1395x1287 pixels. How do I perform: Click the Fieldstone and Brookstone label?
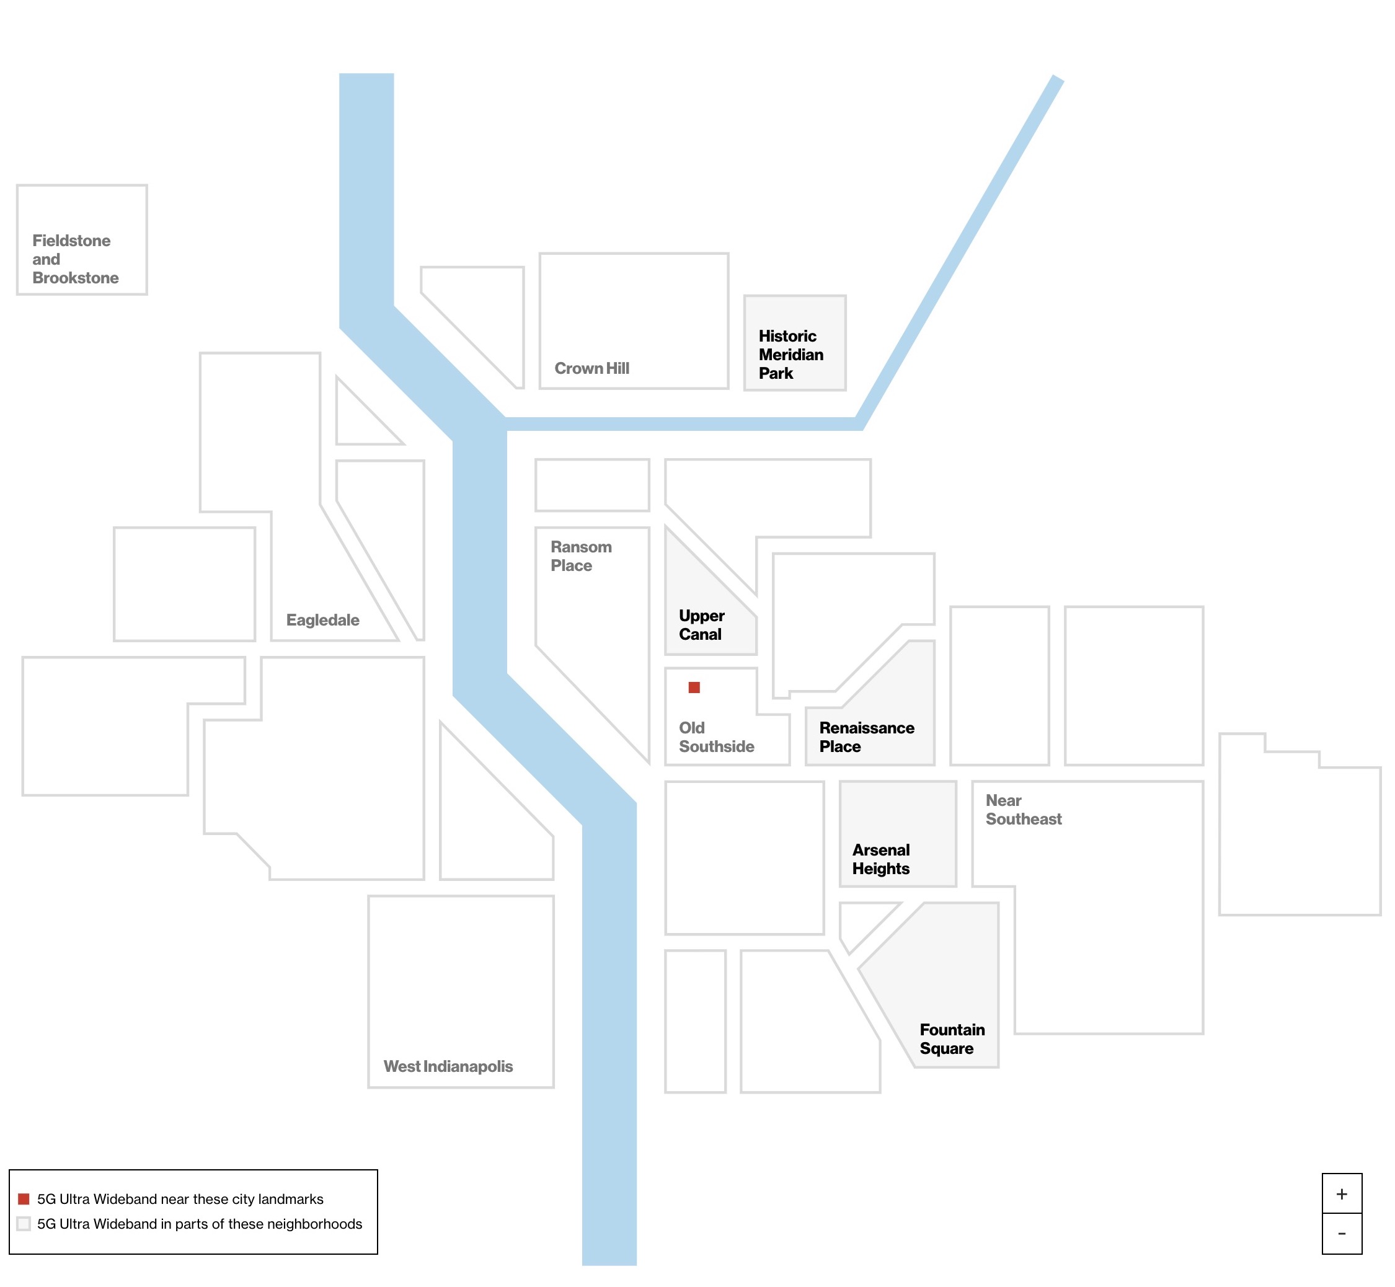pyautogui.click(x=75, y=259)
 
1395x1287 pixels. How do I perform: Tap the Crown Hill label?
pyautogui.click(x=591, y=368)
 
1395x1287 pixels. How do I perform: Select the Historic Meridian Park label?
pyautogui.click(x=790, y=355)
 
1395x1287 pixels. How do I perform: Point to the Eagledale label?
pyautogui.click(x=322, y=620)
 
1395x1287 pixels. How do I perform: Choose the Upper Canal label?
pyautogui.click(x=701, y=625)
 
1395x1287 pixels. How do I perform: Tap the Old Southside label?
pyautogui.click(x=716, y=737)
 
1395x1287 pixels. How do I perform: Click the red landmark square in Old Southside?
pyautogui.click(x=694, y=688)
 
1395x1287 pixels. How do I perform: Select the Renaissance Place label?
pyautogui.click(x=866, y=737)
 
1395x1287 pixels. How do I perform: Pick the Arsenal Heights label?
pyautogui.click(x=880, y=859)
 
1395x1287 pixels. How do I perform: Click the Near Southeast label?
pyautogui.click(x=1023, y=809)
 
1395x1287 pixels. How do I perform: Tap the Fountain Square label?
pyautogui.click(x=951, y=1038)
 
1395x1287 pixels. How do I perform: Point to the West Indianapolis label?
pyautogui.click(x=448, y=1066)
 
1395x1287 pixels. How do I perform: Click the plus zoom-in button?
pyautogui.click(x=1342, y=1193)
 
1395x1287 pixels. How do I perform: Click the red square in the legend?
pyautogui.click(x=24, y=1198)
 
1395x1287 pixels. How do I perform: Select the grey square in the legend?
pyautogui.click(x=24, y=1224)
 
